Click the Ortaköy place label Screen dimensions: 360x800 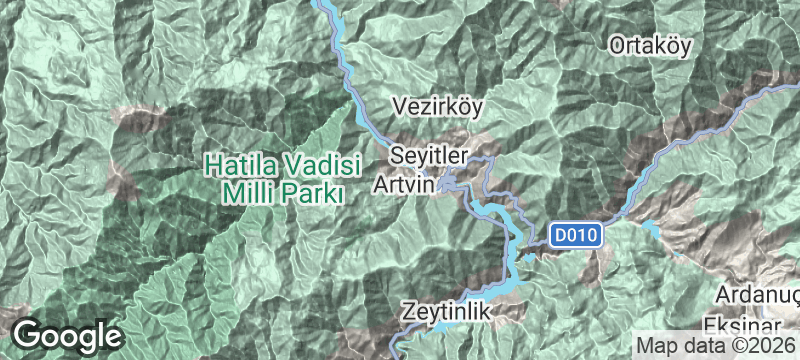point(650,45)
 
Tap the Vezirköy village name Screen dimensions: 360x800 point(440,106)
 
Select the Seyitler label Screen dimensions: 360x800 point(428,157)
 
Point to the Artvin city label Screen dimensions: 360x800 point(404,185)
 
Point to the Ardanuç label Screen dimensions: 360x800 point(758,296)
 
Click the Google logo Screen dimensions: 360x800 point(67,335)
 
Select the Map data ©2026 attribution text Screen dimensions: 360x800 point(716,346)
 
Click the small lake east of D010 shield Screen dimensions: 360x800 point(652,228)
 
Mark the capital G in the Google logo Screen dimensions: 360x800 point(30,335)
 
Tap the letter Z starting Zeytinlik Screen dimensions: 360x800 point(409,312)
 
